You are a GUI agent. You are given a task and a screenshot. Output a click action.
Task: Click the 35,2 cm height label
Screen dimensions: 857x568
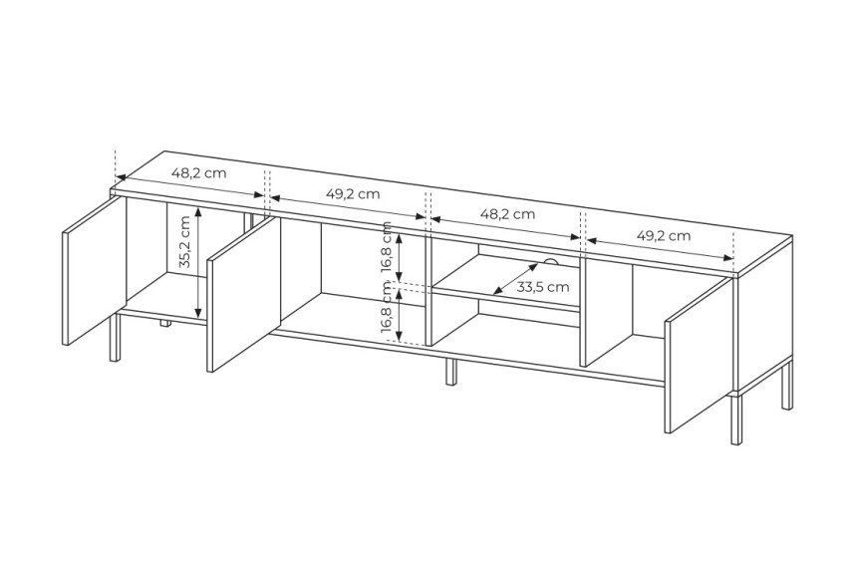pos(184,241)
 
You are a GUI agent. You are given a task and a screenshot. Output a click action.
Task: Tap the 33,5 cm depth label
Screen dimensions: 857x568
pos(543,286)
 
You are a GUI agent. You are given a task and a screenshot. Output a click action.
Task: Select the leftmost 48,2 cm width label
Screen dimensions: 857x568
pos(199,173)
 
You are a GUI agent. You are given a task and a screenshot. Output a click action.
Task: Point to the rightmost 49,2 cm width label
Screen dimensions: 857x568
pos(664,235)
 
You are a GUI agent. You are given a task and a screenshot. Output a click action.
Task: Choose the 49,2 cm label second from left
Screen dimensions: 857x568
pos(353,193)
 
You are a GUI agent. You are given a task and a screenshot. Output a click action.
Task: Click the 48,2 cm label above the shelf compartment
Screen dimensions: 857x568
pos(508,214)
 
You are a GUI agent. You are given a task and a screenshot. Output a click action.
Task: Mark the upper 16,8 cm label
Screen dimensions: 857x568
pos(387,247)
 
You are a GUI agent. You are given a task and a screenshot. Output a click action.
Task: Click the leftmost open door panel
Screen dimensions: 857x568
pos(95,270)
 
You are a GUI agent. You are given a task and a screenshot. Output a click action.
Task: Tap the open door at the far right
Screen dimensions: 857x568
pos(700,356)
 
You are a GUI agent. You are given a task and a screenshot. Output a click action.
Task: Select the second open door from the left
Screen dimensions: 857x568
pos(244,294)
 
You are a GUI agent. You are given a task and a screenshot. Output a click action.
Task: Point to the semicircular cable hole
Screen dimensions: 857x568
pos(550,262)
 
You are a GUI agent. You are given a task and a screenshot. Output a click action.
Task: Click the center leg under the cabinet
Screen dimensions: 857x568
pos(450,372)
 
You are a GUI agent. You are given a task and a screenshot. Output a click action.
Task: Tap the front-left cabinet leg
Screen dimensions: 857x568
pos(115,337)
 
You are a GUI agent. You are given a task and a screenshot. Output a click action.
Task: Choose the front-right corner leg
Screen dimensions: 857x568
pos(736,419)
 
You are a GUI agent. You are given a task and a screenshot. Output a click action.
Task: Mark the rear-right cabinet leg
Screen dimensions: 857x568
pos(787,385)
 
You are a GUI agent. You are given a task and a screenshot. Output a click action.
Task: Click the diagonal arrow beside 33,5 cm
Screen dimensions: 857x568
pos(515,279)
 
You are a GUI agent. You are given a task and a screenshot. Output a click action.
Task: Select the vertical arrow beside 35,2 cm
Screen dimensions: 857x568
pos(199,262)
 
